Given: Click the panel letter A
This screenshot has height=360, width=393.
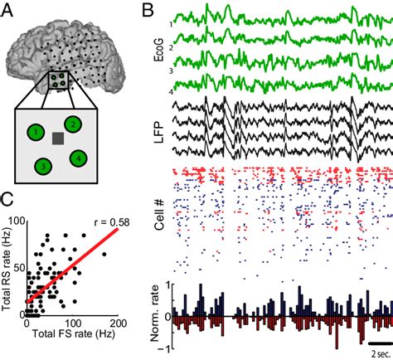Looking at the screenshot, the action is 7,11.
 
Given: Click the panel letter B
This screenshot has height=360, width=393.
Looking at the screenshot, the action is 148,11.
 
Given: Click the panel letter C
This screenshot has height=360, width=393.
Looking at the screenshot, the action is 7,199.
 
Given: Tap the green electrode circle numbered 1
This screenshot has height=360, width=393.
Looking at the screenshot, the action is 36,133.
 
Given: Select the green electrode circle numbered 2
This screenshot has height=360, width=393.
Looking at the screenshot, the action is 73,124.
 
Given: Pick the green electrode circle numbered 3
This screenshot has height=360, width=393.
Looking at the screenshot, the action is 43,167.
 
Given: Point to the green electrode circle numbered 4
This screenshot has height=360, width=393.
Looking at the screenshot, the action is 79,158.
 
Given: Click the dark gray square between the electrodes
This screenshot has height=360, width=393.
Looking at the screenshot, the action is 58,139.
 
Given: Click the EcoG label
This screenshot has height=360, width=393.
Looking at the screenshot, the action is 159,50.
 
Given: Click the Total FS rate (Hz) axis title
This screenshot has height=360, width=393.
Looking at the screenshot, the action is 74,333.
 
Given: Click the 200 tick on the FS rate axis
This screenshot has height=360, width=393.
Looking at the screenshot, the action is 118,323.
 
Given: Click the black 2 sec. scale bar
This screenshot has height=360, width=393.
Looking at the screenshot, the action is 381,343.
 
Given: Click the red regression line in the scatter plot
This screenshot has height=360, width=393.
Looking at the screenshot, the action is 72,265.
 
